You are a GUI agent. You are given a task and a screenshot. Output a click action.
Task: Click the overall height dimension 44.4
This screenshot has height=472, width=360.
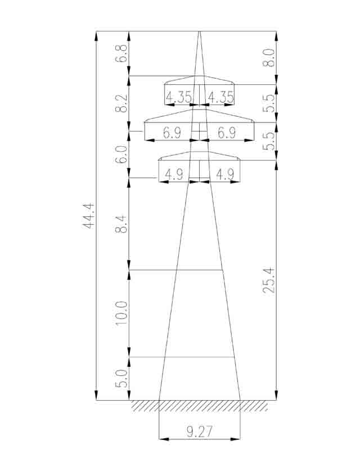click(88, 216)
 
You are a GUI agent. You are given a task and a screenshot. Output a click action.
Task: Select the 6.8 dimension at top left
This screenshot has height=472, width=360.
click(121, 53)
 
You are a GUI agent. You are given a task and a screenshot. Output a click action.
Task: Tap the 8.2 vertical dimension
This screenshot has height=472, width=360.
click(121, 103)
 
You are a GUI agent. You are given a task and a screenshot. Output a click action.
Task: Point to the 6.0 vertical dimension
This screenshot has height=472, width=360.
click(121, 155)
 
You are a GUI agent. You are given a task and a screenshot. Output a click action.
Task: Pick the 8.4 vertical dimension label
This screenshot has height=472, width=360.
click(121, 224)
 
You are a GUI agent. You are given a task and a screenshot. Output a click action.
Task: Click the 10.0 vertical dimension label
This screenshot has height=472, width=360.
click(121, 313)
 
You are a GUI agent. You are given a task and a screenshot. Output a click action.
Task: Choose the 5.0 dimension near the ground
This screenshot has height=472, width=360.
click(121, 378)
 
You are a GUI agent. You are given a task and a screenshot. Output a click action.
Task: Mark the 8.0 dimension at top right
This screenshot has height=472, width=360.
click(268, 57)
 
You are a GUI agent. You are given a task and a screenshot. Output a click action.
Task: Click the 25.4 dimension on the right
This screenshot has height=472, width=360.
click(268, 280)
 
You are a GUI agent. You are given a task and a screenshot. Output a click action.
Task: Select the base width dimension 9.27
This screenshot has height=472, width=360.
click(199, 432)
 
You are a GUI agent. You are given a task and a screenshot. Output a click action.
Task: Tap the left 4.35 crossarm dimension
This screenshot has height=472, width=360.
click(179, 97)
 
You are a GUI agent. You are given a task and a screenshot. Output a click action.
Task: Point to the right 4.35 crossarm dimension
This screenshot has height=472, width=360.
click(221, 97)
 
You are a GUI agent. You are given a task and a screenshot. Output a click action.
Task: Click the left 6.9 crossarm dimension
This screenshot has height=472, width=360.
click(172, 133)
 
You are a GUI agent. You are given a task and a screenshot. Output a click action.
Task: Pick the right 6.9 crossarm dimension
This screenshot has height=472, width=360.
click(227, 133)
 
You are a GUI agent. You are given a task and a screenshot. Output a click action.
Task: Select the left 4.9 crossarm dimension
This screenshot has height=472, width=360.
click(174, 174)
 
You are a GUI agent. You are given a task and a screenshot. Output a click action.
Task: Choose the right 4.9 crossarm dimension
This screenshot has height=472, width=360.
click(225, 174)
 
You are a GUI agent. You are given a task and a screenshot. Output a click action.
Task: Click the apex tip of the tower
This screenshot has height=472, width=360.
click(199, 31)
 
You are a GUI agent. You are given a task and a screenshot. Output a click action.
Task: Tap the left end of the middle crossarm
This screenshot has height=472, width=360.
click(145, 122)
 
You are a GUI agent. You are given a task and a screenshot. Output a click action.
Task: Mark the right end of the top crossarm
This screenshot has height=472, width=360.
click(234, 84)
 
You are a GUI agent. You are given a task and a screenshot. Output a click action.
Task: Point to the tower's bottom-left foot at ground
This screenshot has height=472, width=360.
click(159, 400)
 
